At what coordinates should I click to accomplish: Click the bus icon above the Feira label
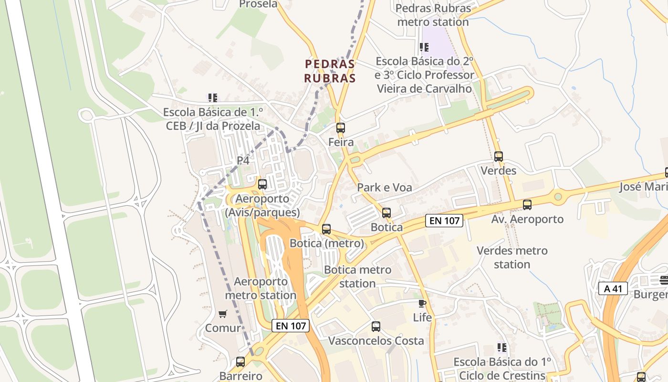coord(340,127)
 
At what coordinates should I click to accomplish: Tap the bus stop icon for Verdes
coord(499,156)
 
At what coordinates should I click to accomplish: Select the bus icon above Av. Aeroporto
coord(527,205)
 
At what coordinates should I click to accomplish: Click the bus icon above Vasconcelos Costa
coord(376,327)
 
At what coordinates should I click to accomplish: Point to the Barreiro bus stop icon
coord(240,362)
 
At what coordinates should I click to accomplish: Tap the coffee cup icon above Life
coord(422,303)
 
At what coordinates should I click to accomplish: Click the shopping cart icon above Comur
coord(222,314)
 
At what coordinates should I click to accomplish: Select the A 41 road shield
coord(613,288)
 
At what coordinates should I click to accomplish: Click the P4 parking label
coord(243,160)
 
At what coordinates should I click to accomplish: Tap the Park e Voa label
coord(385,188)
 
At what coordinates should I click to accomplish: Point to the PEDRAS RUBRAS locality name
coord(330,71)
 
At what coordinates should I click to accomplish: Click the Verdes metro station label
coord(512,257)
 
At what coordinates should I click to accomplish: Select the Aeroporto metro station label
coord(261,288)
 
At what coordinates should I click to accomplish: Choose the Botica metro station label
coord(357,276)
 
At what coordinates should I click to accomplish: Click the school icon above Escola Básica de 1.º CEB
coord(212,98)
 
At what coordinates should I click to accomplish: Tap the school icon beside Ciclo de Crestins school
coord(501,347)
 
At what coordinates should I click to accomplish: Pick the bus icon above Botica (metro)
coord(326,229)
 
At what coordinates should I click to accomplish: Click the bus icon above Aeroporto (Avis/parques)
coord(262,184)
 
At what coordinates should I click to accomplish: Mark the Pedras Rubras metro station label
coord(433,15)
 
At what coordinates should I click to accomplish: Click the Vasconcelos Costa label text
coord(376,341)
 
